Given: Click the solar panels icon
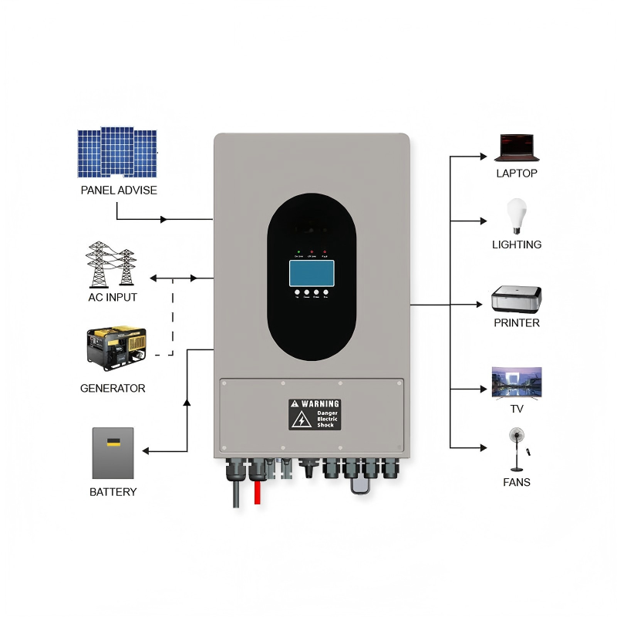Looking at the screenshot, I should tap(116, 153).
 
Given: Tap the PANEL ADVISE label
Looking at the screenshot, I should tap(118, 190).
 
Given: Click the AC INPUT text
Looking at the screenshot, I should tap(113, 297).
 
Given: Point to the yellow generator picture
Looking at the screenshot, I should tap(116, 348).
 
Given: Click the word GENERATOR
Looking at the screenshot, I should tap(113, 388).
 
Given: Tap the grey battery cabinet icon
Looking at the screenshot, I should tap(113, 453).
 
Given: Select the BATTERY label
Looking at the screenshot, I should tap(113, 492).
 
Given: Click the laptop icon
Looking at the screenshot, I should tap(516, 147).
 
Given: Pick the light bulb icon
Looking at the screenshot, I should tap(516, 215).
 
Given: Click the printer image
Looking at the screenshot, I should tap(517, 298).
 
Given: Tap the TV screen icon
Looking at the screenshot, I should tap(517, 381).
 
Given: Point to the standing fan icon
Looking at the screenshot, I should tap(515, 448).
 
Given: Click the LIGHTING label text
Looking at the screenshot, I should tap(517, 244).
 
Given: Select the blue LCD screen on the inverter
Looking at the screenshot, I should tap(312, 273).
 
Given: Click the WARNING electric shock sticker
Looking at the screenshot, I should tap(314, 414).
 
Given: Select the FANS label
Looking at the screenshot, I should tap(517, 482).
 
